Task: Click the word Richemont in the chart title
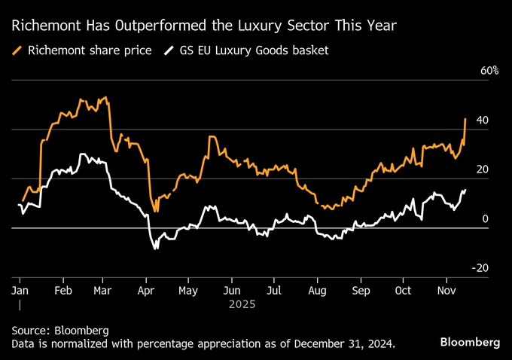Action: pyautogui.click(x=44, y=26)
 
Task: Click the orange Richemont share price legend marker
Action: pyautogui.click(x=17, y=50)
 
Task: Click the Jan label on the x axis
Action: pyautogui.click(x=20, y=290)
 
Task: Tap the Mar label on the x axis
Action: pyautogui.click(x=103, y=290)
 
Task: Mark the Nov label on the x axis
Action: pyautogui.click(x=446, y=290)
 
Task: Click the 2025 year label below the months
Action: pyautogui.click(x=242, y=305)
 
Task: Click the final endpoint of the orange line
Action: pyautogui.click(x=465, y=119)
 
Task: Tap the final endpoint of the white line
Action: pyautogui.click(x=465, y=190)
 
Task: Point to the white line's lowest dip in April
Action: pyautogui.click(x=157, y=249)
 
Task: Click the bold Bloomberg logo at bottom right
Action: pyautogui.click(x=471, y=342)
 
